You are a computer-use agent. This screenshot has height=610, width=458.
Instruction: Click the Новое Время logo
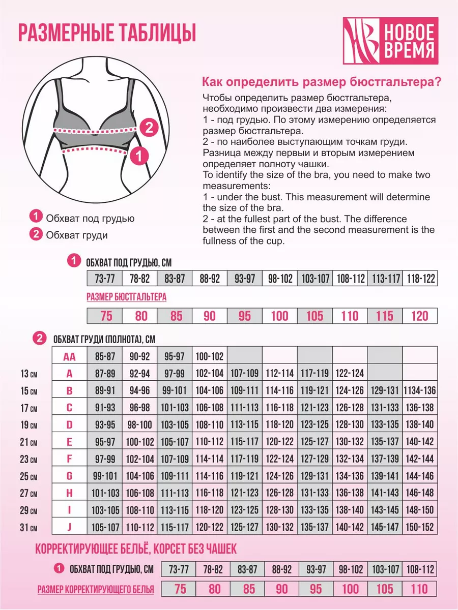pyautogui.click(x=390, y=41)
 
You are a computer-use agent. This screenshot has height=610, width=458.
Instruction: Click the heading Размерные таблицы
pyautogui.click(x=107, y=33)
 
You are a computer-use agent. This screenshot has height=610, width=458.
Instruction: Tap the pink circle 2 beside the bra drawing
pyautogui.click(x=148, y=127)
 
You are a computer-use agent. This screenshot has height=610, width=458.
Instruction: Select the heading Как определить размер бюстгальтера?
pyautogui.click(x=322, y=82)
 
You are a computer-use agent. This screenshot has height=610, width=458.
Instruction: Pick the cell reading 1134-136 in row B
pyautogui.click(x=419, y=390)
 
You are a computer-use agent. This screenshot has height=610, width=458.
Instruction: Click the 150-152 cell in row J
pyautogui.click(x=419, y=527)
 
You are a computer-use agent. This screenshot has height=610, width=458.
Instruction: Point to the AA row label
pyautogui.click(x=70, y=356)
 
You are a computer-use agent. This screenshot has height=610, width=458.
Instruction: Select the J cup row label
pyautogui.click(x=70, y=527)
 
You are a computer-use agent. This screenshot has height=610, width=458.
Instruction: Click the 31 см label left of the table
pyautogui.click(x=28, y=527)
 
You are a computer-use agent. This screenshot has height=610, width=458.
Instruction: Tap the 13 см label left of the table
pyautogui.click(x=28, y=374)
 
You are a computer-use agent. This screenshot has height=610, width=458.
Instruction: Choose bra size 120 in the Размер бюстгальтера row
pyautogui.click(x=419, y=316)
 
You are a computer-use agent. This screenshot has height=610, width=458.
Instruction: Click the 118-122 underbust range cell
pyautogui.click(x=419, y=279)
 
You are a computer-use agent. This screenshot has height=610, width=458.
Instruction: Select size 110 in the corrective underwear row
pyautogui.click(x=419, y=589)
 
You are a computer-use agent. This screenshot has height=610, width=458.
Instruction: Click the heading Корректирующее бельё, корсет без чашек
pyautogui.click(x=136, y=549)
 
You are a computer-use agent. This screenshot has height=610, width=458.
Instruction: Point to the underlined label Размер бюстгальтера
pyautogui.click(x=127, y=297)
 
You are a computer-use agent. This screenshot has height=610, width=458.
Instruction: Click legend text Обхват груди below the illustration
pyautogui.click(x=76, y=235)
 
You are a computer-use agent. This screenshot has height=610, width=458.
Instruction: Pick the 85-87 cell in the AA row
pyautogui.click(x=105, y=356)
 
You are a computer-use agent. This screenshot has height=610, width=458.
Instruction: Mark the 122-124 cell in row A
pyautogui.click(x=350, y=374)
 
